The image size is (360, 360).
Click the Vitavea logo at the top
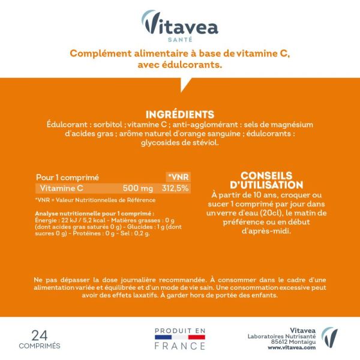pyautogui.click(x=180, y=25)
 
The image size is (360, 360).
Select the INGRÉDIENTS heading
pyautogui.click(x=180, y=114)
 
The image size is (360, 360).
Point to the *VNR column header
pyautogui.click(x=178, y=177)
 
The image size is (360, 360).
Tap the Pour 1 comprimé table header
pyautogui.click(x=67, y=177)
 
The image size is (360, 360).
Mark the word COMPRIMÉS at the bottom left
pyautogui.click(x=39, y=346)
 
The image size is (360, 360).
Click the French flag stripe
pyautogui.click(x=180, y=338)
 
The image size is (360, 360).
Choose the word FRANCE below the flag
pyautogui.click(x=180, y=347)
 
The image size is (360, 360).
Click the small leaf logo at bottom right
pyautogui.click(x=329, y=337)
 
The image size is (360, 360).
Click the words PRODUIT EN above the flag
pyautogui.click(x=180, y=330)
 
